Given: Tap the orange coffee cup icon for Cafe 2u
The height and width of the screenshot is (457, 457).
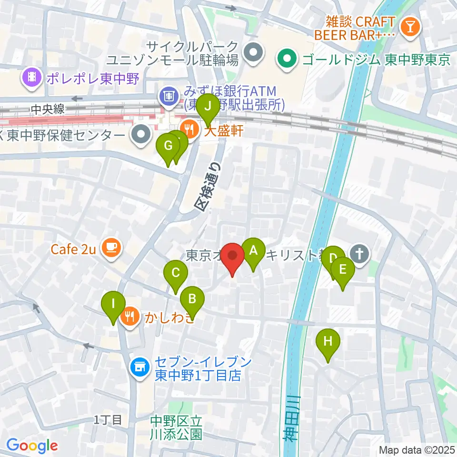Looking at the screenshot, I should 111,249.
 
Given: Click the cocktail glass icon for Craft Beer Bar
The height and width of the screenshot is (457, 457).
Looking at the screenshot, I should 409,27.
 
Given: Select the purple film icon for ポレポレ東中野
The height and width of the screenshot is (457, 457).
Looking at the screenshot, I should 32,78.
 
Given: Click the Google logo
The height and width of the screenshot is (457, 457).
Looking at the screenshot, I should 32,446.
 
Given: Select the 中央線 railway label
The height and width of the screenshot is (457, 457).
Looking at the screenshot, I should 47,109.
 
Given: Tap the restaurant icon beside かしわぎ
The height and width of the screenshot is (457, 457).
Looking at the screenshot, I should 130,316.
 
